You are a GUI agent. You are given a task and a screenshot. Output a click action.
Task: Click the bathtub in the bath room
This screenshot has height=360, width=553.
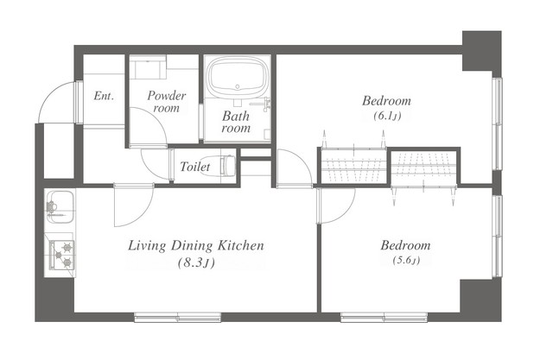238,78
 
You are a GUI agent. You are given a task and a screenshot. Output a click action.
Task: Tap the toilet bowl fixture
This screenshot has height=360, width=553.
227,166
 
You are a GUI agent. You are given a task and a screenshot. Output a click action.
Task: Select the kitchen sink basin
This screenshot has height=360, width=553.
60,207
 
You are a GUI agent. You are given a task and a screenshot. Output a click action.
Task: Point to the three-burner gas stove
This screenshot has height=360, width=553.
61,255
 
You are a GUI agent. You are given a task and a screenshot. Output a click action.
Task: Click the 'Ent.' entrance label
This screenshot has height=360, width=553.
104,96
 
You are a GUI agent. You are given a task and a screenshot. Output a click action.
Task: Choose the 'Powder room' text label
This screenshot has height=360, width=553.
166,102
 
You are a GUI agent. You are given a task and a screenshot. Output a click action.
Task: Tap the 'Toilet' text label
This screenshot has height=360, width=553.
195,167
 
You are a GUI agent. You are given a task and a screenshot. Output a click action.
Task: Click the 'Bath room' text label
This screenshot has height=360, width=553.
236,122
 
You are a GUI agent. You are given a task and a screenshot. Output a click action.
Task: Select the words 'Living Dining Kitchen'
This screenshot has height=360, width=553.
196,245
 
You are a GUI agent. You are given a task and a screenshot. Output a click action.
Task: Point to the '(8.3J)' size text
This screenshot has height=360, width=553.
196,262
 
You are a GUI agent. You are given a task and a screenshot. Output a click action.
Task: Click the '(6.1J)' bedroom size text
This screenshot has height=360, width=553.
387,116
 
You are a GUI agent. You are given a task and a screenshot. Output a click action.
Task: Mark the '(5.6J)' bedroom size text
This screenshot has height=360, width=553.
406,261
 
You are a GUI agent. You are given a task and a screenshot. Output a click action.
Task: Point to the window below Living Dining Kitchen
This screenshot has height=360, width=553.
178,317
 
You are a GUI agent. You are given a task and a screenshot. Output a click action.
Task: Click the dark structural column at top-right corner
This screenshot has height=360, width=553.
482,51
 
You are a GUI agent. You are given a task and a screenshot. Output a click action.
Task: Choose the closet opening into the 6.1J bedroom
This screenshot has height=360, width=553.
353,166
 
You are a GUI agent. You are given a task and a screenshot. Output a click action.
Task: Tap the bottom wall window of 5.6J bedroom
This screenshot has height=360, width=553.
384,317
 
